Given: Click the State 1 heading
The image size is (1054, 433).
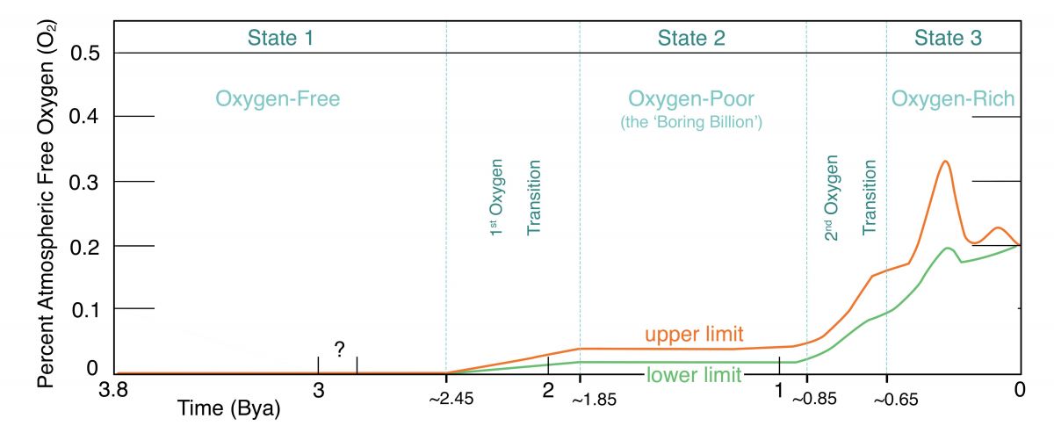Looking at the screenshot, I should (x=279, y=38).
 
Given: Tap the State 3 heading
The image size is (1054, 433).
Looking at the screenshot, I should (x=949, y=38).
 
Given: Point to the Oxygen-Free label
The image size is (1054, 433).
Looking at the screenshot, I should (x=278, y=99).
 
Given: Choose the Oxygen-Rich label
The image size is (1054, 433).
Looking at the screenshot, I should (x=953, y=99).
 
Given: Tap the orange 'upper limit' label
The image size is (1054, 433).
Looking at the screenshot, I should (x=694, y=335).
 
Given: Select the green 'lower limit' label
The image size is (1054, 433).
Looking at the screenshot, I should (x=695, y=376).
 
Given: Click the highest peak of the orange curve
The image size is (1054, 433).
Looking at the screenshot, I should (x=945, y=162).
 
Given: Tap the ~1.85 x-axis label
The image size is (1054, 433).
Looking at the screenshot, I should (x=594, y=401).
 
